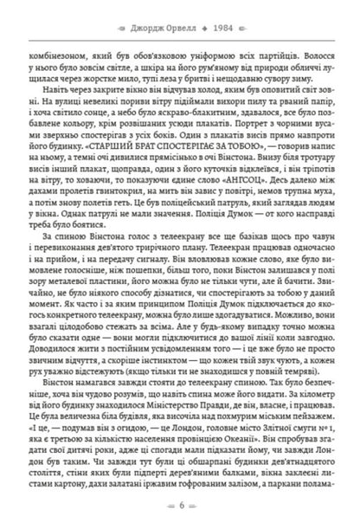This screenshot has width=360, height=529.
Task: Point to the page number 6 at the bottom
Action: point(180,503)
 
